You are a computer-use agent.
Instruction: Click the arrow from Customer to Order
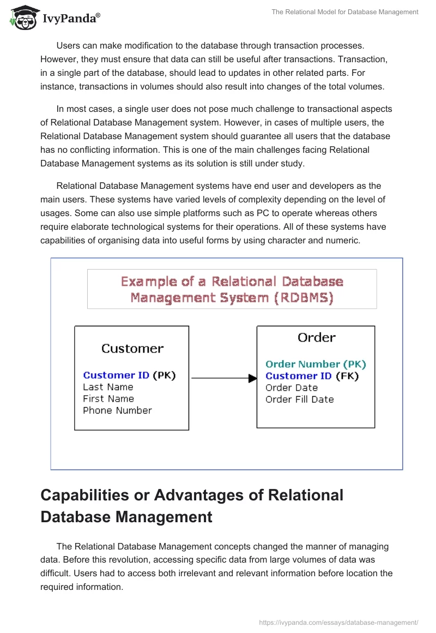(x=223, y=378)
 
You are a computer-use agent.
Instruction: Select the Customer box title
(x=132, y=349)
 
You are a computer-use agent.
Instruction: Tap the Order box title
(x=316, y=338)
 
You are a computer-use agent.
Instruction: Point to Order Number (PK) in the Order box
(x=316, y=364)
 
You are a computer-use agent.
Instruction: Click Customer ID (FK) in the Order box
(x=312, y=376)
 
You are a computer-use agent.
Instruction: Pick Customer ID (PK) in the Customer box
(x=129, y=375)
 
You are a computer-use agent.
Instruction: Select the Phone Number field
(x=117, y=410)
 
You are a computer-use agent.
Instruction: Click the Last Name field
(x=108, y=387)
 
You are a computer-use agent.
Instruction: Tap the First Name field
(x=108, y=398)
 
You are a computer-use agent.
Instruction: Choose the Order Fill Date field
(x=299, y=399)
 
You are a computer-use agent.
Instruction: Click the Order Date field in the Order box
(x=292, y=387)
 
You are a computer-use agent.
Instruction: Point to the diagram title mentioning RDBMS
(x=232, y=289)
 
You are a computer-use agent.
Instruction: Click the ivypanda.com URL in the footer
(x=339, y=622)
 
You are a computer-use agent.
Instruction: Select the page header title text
(x=344, y=11)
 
